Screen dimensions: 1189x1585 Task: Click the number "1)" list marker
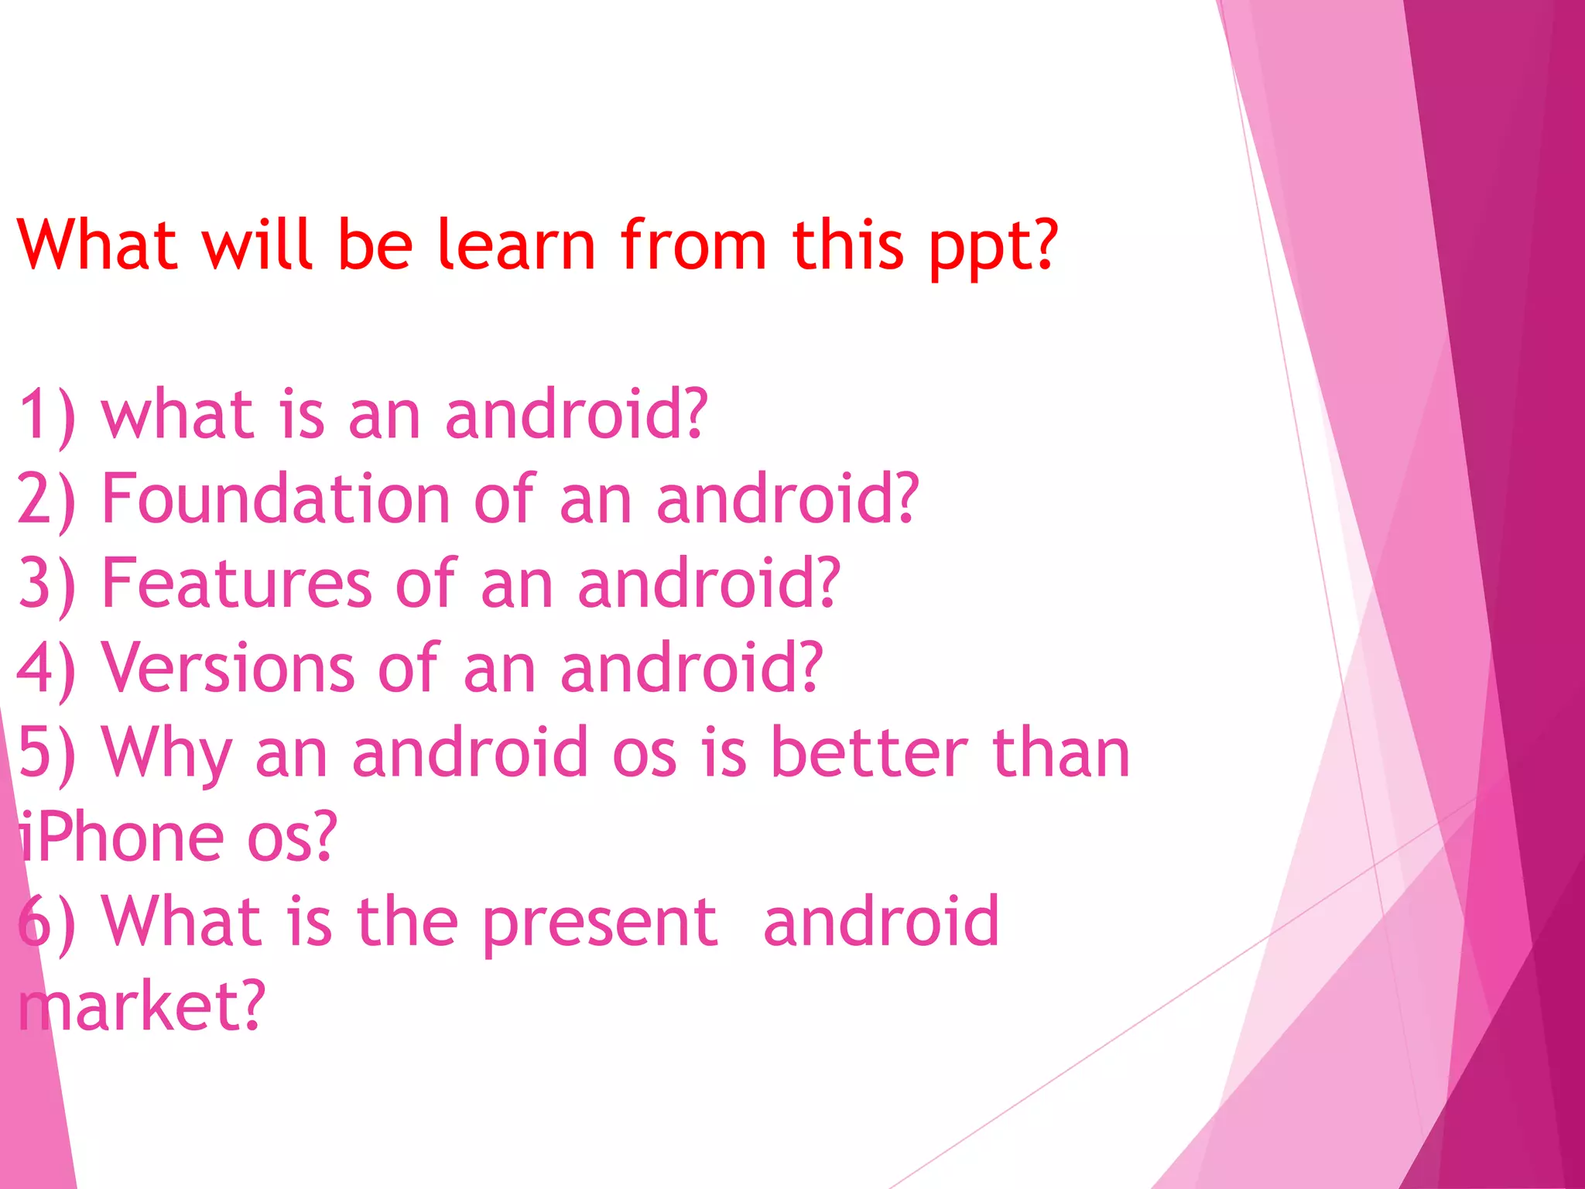[x=47, y=416]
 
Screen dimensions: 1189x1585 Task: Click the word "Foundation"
[x=276, y=499]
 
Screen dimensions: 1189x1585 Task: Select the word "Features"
[x=237, y=583]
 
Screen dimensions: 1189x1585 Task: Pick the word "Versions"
[x=228, y=667]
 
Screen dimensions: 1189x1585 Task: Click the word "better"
[x=870, y=752]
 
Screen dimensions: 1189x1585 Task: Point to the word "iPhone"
[x=121, y=837]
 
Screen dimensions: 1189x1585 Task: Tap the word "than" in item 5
[x=1061, y=752]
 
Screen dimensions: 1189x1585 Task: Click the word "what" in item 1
[x=178, y=415]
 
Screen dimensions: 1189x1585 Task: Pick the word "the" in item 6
[x=407, y=921]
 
